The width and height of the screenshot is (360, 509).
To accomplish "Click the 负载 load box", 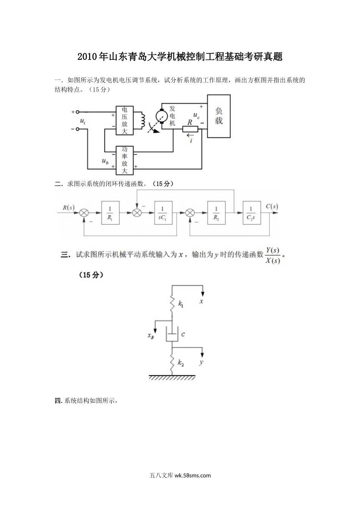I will pyautogui.click(x=219, y=116).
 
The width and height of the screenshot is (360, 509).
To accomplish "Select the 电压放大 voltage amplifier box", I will pyautogui.click(x=125, y=120).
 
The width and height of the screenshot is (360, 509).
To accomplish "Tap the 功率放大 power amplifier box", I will pyautogui.click(x=125, y=160).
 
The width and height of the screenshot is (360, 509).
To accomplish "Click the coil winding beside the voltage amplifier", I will pyautogui.click(x=143, y=120).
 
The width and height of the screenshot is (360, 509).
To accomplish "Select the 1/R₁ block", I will pyautogui.click(x=110, y=213).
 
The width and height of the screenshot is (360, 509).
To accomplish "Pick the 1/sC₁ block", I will pyautogui.click(x=163, y=213).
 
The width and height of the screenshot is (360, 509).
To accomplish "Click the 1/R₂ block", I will pyautogui.click(x=216, y=213).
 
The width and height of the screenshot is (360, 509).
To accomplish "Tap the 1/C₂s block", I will pyautogui.click(x=251, y=213).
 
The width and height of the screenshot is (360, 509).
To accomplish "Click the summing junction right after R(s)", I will pyautogui.click(x=83, y=213).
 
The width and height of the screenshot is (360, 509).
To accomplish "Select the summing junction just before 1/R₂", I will pyautogui.click(x=190, y=213).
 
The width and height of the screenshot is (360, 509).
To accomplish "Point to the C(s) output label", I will pyautogui.click(x=272, y=207).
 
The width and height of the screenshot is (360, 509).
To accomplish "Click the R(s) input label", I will pyautogui.click(x=69, y=207).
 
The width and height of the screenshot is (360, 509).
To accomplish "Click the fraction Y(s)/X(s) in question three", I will pyautogui.click(x=272, y=255).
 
